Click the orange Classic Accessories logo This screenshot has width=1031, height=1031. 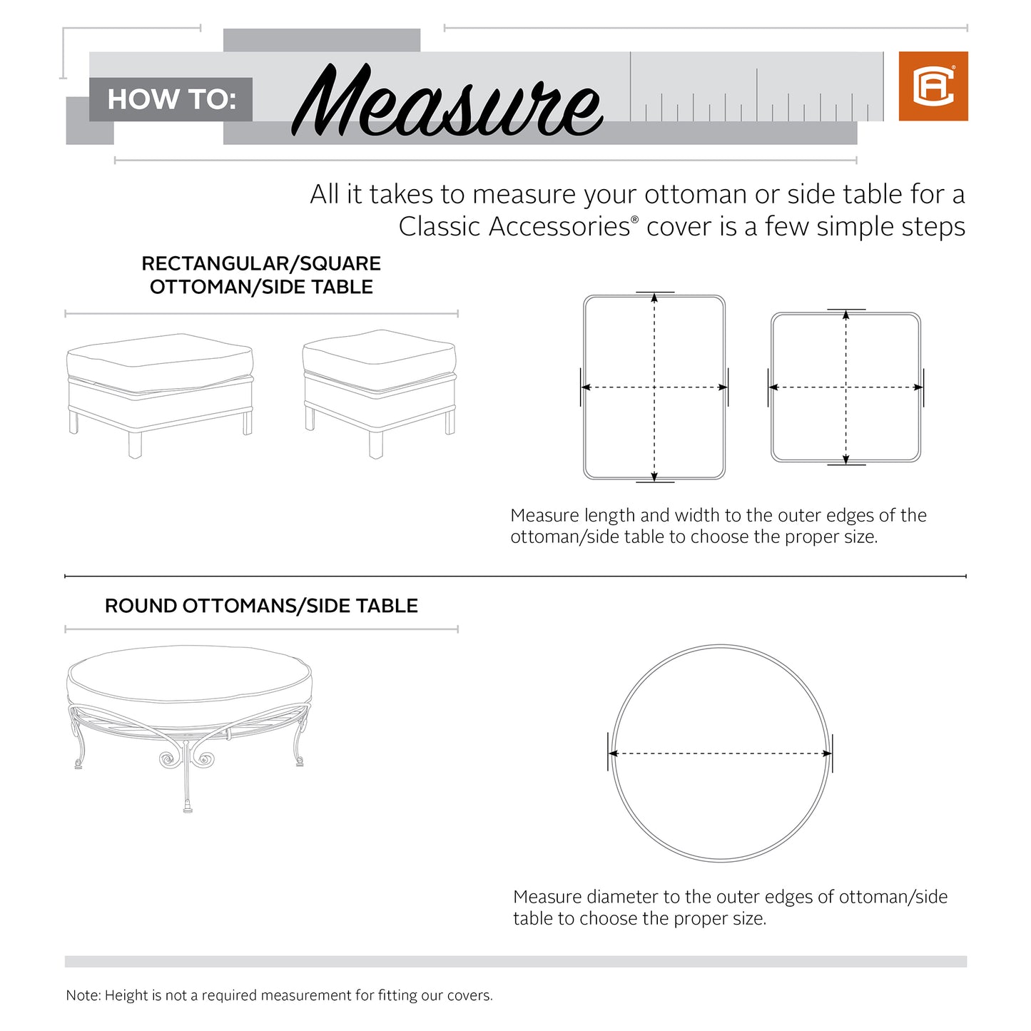click(933, 86)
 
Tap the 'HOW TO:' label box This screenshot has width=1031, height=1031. click(171, 99)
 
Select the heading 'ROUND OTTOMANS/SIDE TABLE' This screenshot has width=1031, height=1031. click(261, 606)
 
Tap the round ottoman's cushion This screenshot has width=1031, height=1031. click(189, 678)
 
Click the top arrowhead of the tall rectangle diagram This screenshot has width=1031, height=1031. click(654, 298)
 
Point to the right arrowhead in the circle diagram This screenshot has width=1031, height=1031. click(827, 753)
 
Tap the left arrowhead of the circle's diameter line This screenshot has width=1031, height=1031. click(613, 753)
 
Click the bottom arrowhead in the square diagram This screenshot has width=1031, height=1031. click(846, 459)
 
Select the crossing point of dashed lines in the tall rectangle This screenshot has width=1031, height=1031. click(654, 387)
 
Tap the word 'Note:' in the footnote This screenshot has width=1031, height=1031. click(83, 995)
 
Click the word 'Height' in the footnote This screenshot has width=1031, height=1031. click(126, 995)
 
